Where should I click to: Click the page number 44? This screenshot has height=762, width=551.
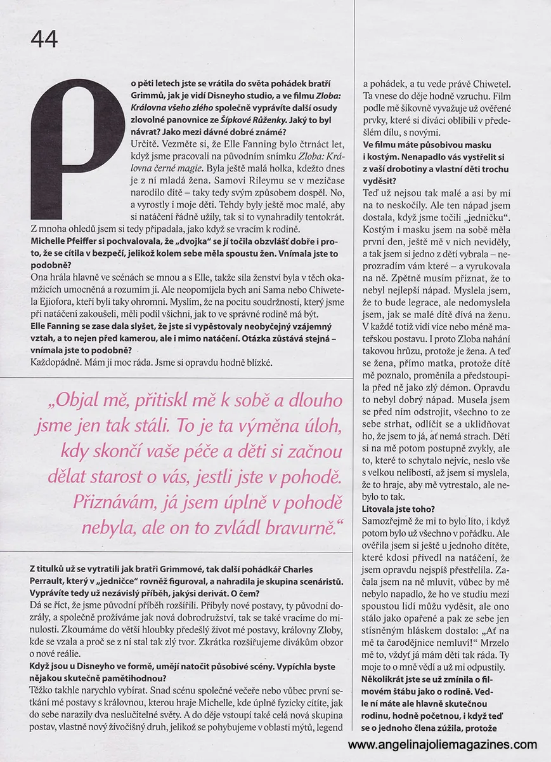[44, 39]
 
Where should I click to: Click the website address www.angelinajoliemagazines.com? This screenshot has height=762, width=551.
[443, 744]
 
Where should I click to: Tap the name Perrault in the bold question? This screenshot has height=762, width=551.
[50, 580]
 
